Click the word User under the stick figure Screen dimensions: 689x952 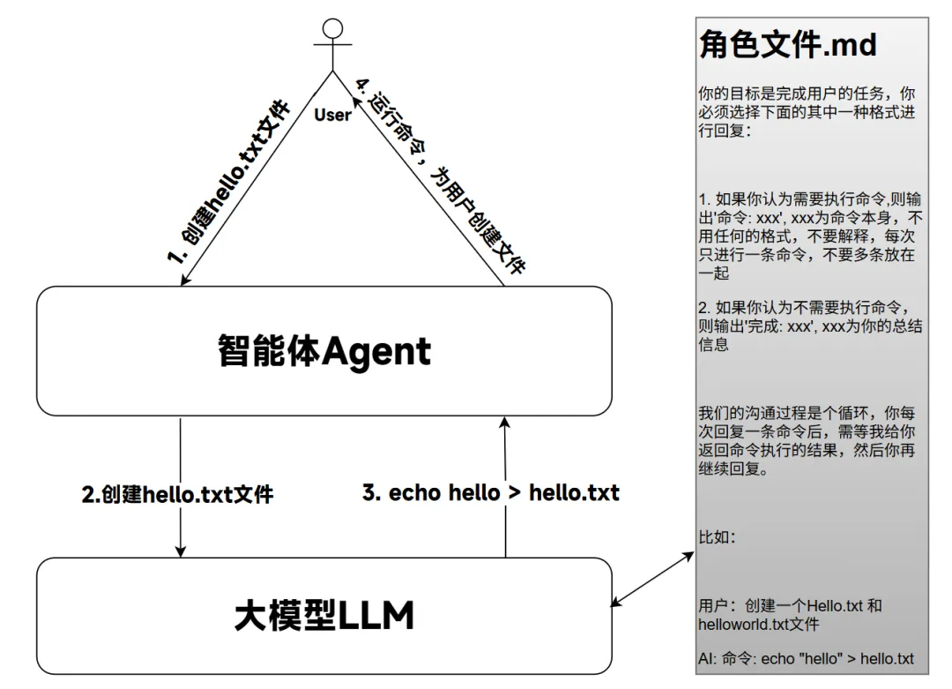332,115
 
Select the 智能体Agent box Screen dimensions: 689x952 324,350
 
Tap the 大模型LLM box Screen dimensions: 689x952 324,615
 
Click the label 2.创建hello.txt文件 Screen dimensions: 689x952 177,494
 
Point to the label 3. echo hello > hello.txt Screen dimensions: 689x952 491,492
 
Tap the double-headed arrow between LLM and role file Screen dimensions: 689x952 653,579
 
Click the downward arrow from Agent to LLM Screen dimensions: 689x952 181,485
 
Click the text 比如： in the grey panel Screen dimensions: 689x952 717,537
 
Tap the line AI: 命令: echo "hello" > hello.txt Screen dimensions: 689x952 806,658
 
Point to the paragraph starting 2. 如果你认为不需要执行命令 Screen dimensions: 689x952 810,326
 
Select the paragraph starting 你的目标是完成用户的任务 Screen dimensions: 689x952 807,112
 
